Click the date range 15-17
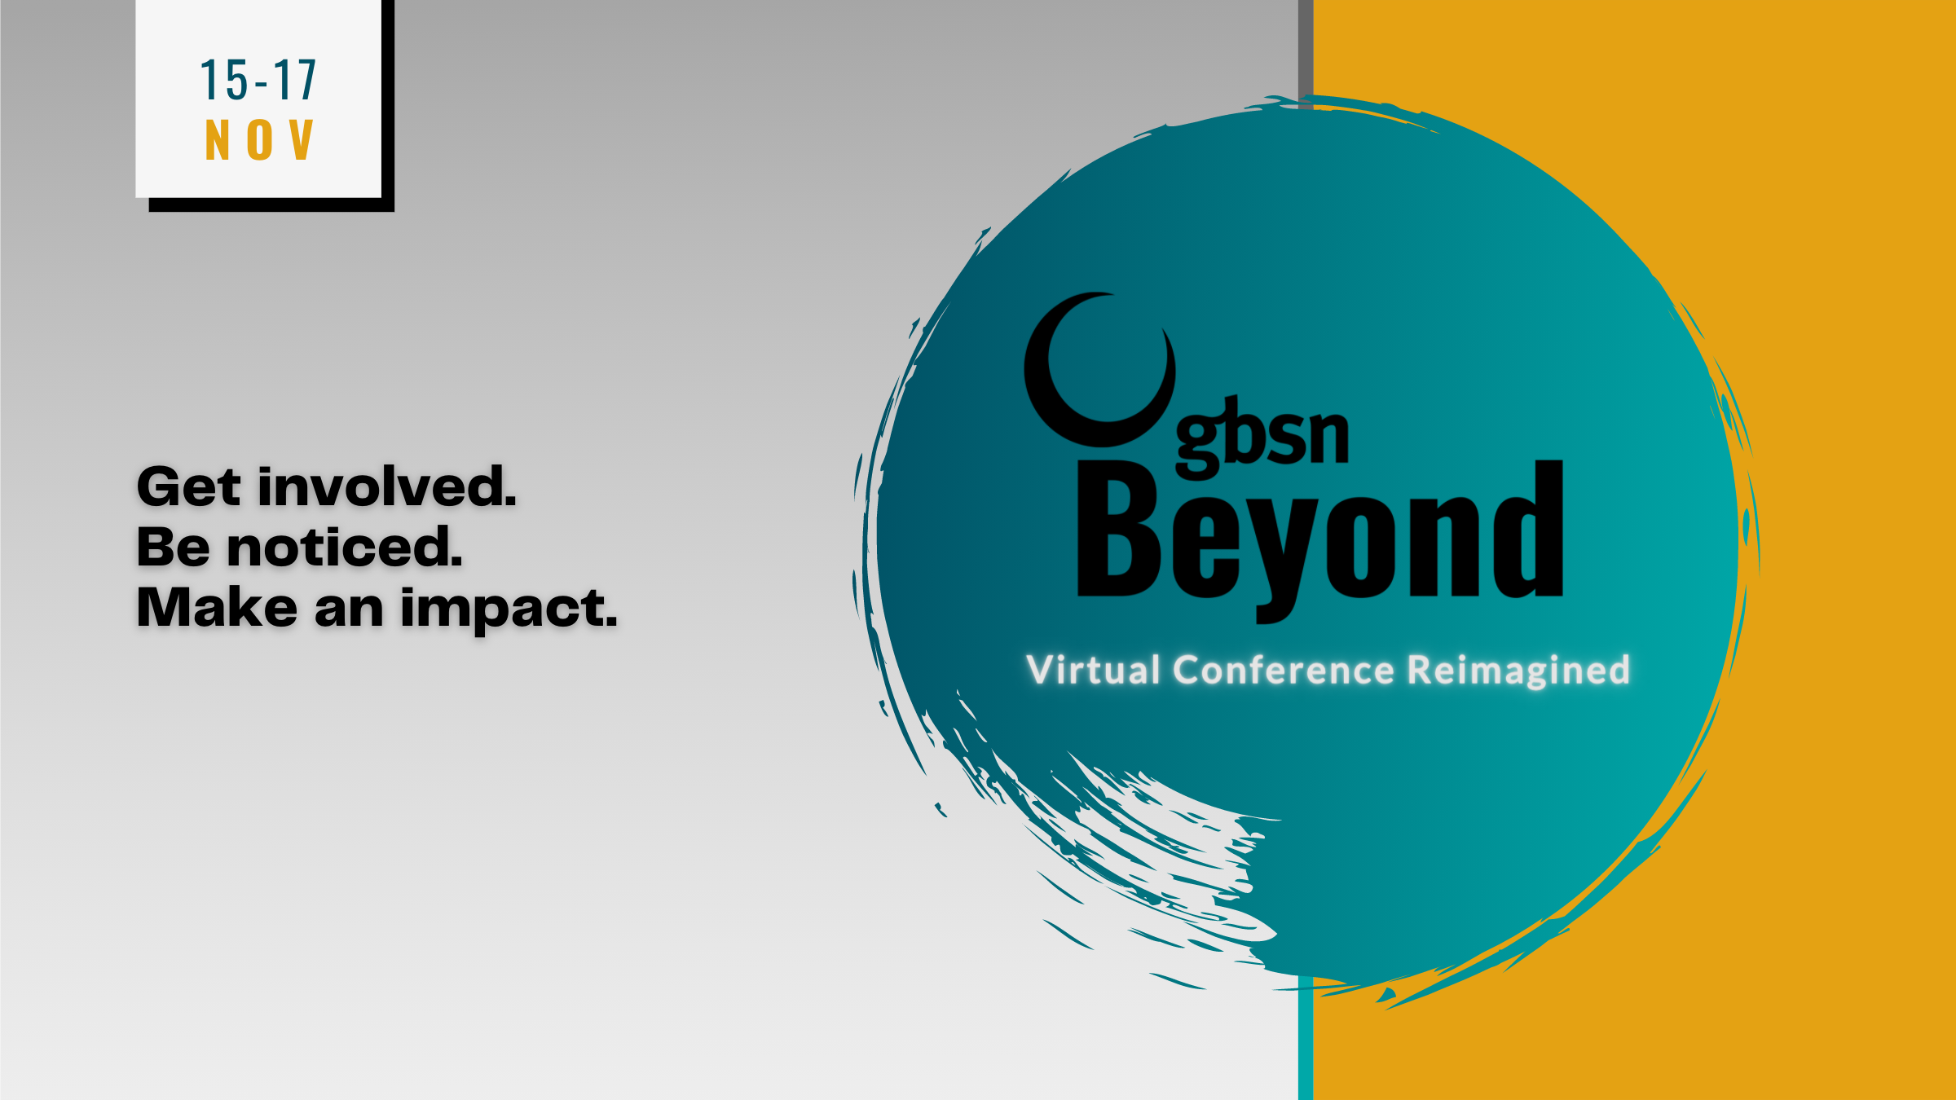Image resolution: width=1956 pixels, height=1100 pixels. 258,80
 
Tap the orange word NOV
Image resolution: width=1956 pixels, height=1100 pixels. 259,139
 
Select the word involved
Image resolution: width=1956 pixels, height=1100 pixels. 387,486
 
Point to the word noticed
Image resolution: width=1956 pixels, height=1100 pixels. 345,547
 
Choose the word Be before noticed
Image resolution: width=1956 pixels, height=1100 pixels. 173,547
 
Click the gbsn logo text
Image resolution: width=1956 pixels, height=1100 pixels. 1262,437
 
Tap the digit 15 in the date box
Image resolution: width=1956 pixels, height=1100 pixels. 224,80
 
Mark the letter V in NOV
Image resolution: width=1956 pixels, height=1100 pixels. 301,139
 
